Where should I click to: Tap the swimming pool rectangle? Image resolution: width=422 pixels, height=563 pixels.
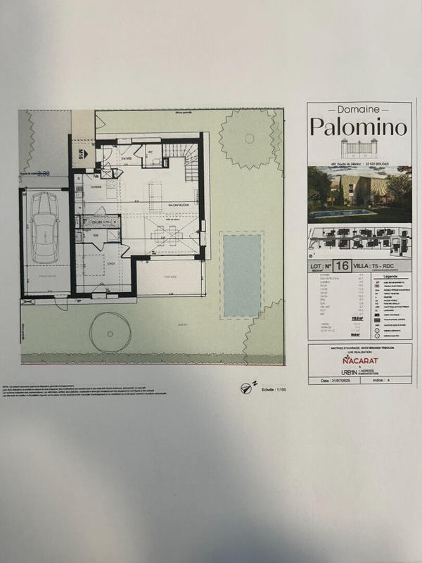pyautogui.click(x=241, y=274)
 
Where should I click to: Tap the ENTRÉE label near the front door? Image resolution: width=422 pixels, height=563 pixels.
pyautogui.click(x=127, y=159)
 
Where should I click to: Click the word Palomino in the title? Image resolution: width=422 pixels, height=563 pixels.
pyautogui.click(x=359, y=128)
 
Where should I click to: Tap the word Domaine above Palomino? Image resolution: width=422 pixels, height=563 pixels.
pyautogui.click(x=359, y=110)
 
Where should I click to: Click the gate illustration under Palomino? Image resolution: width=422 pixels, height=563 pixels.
pyautogui.click(x=359, y=148)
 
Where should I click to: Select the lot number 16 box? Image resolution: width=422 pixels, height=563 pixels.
pyautogui.click(x=343, y=266)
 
